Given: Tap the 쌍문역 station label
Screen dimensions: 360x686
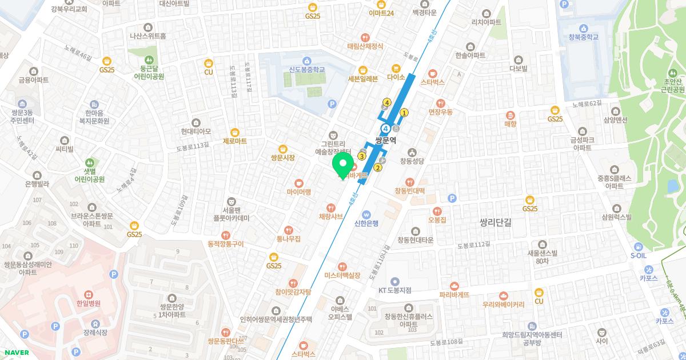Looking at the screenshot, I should pos(385,140).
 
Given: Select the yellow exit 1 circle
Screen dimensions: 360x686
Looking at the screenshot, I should pos(404,113).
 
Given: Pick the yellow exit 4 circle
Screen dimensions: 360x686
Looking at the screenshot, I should pos(387,102).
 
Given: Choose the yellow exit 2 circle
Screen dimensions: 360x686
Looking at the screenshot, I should pos(378,167).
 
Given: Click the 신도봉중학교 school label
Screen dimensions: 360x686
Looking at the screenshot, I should pos(306,69).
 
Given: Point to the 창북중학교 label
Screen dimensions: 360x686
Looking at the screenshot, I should pos(583,37).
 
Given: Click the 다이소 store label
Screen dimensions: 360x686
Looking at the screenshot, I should pos(396,77).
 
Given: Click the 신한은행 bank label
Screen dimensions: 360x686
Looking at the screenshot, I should pos(366,223).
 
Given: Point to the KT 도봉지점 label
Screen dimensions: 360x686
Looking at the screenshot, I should pos(394,290).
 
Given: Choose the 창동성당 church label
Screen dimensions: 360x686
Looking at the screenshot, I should pos(412,161).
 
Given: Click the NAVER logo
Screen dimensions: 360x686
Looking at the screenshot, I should pos(15,353).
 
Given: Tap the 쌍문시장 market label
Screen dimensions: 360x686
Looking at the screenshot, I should pos(282,157).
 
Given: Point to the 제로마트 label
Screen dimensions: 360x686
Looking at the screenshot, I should pos(234,141).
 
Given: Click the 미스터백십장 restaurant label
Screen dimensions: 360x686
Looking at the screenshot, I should pos(342,275).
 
